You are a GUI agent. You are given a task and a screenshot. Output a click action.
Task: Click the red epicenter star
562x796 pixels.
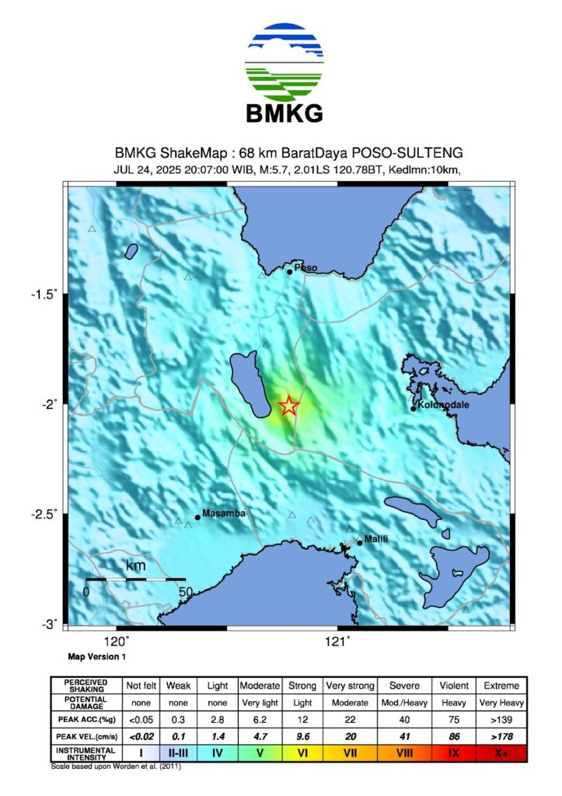pos(288,405)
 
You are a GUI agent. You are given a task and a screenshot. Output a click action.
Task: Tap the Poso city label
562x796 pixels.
pos(305,268)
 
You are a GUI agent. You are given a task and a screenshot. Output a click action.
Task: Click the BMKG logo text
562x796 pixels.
pos(284,113)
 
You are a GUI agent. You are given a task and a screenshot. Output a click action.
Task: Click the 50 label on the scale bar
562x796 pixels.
pos(185,592)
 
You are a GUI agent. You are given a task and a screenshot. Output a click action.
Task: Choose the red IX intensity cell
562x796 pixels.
pos(452,752)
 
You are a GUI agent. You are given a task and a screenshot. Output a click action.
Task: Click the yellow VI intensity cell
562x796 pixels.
pos(302,752)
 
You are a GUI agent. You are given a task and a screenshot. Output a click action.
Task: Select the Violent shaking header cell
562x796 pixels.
pos(452,686)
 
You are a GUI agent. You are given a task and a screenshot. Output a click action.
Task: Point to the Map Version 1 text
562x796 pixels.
pos(97,658)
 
